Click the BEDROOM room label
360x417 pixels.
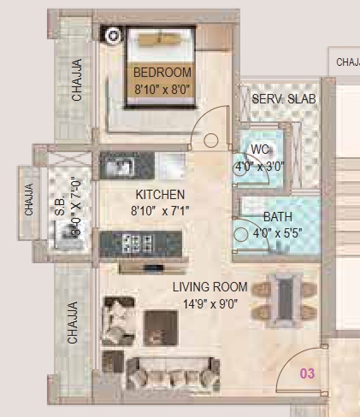[162, 72]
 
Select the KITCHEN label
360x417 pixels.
[160, 195]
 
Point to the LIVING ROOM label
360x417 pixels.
[210, 287]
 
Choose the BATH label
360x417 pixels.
[278, 217]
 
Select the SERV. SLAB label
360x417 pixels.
[283, 99]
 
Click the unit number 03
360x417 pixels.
[308, 373]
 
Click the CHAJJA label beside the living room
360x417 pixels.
[72, 323]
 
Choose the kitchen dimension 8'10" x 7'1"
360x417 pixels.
[160, 210]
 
